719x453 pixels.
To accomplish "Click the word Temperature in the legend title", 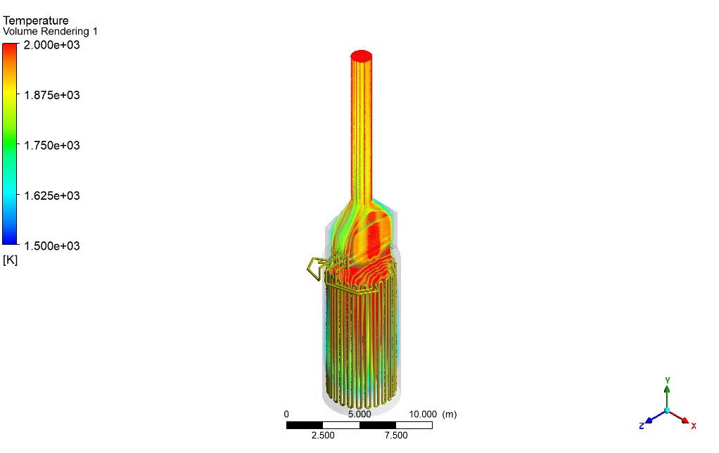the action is click(36, 20).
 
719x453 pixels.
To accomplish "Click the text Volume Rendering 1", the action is click(50, 32).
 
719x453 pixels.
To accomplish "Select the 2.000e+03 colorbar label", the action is click(52, 45).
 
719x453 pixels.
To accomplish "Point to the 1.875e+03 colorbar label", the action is click(52, 96).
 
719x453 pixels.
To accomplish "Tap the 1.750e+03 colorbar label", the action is click(52, 146).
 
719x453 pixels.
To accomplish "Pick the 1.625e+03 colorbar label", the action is click(52, 196).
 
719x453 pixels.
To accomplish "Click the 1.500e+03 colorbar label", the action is click(52, 246).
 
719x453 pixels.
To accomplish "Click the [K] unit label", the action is click(10, 260).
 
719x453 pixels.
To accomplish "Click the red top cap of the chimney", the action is click(362, 56).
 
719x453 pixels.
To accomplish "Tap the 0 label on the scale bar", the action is click(286, 414).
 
